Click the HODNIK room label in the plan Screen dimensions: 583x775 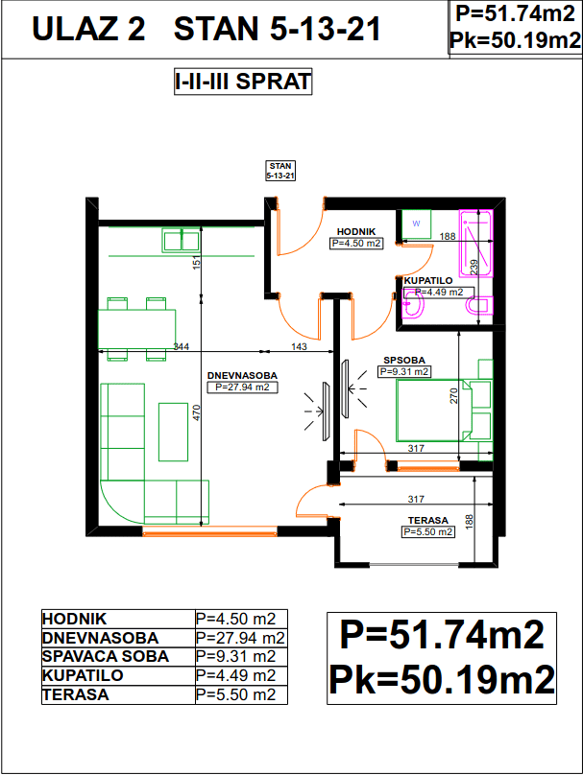coord(356,231)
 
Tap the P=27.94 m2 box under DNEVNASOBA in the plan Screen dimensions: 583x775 coord(242,387)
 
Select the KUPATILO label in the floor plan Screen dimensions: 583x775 coord(428,281)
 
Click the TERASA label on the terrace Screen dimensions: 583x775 coord(428,521)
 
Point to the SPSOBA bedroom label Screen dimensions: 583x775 coord(404,361)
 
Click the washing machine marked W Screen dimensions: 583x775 coord(416,224)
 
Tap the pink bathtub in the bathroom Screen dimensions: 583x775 coord(476,244)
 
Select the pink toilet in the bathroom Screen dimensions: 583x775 coord(479,305)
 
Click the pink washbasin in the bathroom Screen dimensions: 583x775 coord(413,304)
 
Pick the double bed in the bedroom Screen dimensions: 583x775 coord(434,411)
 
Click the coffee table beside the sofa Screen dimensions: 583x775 coord(173,432)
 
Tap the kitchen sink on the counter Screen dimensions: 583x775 coord(181,240)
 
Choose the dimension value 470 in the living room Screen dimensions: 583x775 coord(197,412)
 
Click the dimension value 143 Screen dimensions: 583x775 coord(299,346)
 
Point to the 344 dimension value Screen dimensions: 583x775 coord(182,346)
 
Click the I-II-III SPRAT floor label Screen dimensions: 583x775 coord(243,82)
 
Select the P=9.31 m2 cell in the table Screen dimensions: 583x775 coord(235,656)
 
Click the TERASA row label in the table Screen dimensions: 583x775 coord(75,694)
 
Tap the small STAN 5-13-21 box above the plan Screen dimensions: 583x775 coord(280,171)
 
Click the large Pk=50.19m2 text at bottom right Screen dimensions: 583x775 coord(442,680)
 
